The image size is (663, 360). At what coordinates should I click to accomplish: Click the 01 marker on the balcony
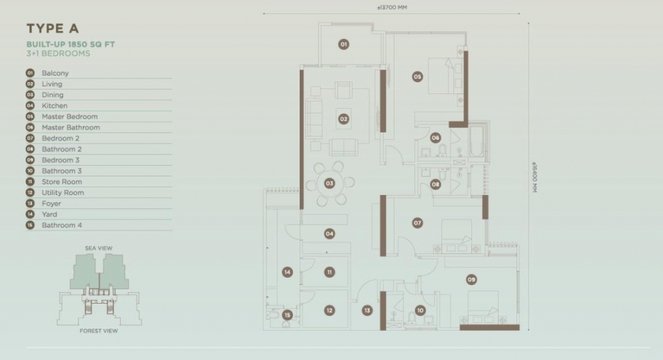pyautogui.click(x=343, y=44)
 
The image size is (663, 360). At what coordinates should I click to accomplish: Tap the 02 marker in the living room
pyautogui.click(x=343, y=119)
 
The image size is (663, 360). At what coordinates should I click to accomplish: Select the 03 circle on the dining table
pyautogui.click(x=330, y=183)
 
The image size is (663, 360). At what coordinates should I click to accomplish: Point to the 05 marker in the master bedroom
pyautogui.click(x=417, y=76)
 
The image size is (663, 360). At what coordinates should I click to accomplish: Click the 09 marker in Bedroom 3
pyautogui.click(x=471, y=279)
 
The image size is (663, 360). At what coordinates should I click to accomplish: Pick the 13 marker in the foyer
pyautogui.click(x=367, y=310)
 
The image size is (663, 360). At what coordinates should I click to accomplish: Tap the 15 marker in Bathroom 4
pyautogui.click(x=288, y=315)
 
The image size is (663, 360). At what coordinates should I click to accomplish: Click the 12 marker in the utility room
pyautogui.click(x=330, y=310)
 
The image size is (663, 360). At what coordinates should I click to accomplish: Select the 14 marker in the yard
pyautogui.click(x=288, y=272)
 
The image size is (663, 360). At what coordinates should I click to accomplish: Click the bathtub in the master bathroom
pyautogui.click(x=476, y=141)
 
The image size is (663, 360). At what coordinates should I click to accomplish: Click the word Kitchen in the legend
pyautogui.click(x=54, y=106)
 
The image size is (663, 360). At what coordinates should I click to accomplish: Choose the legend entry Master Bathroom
pyautogui.click(x=71, y=127)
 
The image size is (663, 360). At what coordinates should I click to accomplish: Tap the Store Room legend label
pyautogui.click(x=62, y=182)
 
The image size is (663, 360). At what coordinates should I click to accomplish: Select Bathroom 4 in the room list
pyautogui.click(x=62, y=225)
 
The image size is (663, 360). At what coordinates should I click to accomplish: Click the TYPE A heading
pyautogui.click(x=52, y=29)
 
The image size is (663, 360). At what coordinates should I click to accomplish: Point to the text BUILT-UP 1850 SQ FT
pyautogui.click(x=71, y=44)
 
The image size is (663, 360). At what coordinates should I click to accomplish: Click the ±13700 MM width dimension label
pyautogui.click(x=392, y=7)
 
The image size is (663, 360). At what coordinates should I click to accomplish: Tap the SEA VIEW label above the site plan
pyautogui.click(x=99, y=249)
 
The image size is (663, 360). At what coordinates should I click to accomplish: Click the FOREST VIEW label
pyautogui.click(x=99, y=331)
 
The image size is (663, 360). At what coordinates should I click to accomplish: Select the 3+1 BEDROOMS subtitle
pyautogui.click(x=58, y=53)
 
